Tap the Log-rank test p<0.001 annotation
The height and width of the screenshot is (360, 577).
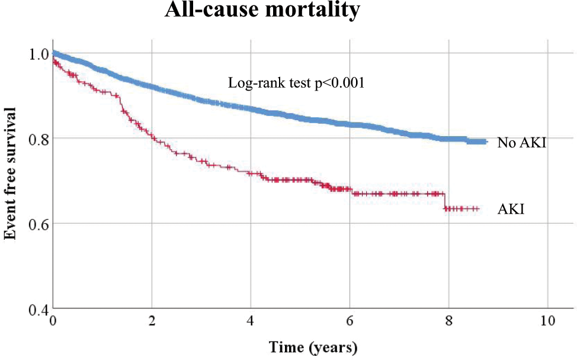point(296,83)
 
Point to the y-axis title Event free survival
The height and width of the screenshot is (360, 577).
point(10,174)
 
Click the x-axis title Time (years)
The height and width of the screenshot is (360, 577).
point(313,346)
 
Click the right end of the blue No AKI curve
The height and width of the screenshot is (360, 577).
point(486,142)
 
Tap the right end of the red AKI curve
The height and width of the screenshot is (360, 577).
point(477,209)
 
